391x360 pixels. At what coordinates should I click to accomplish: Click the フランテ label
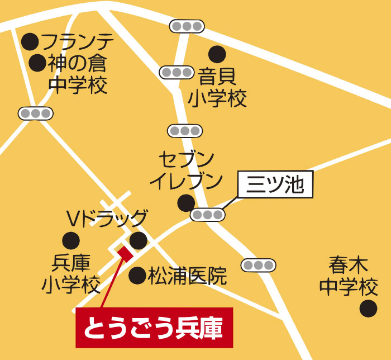coord(78,42)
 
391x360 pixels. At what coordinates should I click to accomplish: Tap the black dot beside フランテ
coord(30,41)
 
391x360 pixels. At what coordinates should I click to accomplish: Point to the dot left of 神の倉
coord(37,63)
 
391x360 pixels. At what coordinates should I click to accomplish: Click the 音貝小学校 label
coord(217,87)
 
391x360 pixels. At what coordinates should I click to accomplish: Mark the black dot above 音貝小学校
coord(217,54)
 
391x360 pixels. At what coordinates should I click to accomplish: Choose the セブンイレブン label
coord(186,170)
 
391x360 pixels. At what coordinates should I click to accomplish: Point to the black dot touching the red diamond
coord(137,241)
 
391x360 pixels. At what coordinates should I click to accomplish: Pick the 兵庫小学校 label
coord(71,274)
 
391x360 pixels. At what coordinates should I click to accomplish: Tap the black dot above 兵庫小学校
coord(70,241)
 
